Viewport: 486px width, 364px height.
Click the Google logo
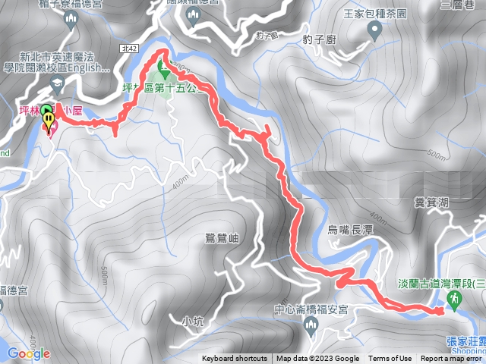tap(29, 353)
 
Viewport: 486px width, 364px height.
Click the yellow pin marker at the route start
tap(49, 120)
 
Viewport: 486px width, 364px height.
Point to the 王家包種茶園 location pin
tap(374, 31)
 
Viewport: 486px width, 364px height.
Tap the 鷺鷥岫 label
tap(222, 238)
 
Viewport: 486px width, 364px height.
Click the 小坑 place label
tap(193, 322)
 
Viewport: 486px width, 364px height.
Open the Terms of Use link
tap(390, 359)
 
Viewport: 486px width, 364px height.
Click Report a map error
tap(452, 359)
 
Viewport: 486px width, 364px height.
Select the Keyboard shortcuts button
tap(234, 359)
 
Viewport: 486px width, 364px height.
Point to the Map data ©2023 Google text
tap(318, 359)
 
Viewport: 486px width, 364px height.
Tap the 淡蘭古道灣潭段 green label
tap(441, 283)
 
